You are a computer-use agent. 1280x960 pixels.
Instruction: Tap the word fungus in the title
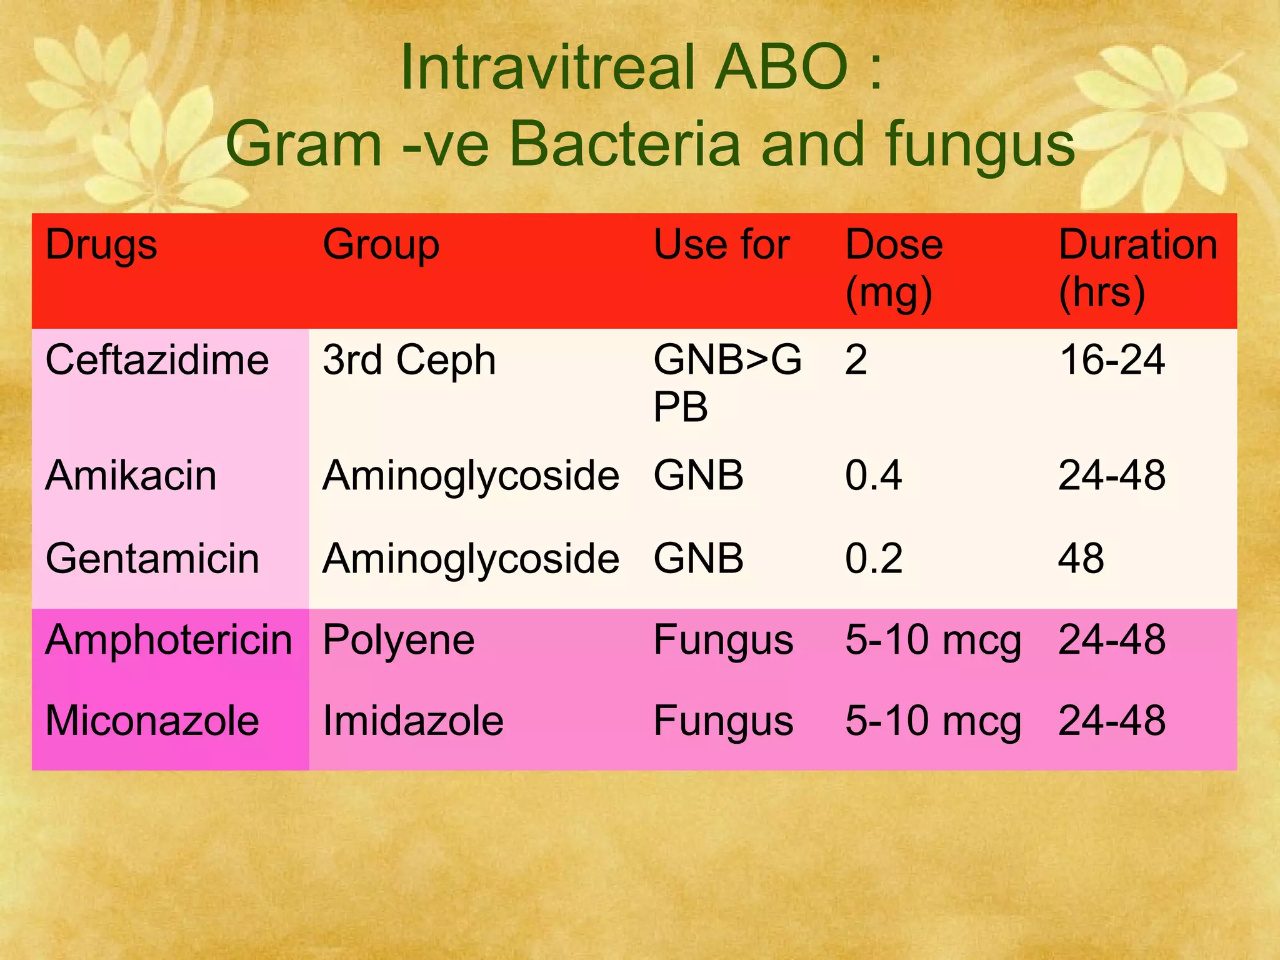tap(980, 145)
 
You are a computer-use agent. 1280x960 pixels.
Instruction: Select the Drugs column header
tap(101, 245)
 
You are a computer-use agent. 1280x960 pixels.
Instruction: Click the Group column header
tap(381, 245)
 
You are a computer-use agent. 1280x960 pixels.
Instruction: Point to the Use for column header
tap(721, 245)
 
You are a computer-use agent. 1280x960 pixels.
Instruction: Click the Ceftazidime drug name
tap(157, 361)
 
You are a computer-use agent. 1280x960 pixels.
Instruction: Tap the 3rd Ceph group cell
tap(409, 361)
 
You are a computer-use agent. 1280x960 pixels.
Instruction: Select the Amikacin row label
tap(131, 476)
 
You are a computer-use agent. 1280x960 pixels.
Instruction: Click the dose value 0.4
tap(873, 476)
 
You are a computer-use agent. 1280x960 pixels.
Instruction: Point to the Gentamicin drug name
tap(152, 559)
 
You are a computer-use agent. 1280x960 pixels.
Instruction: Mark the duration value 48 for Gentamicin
tap(1081, 559)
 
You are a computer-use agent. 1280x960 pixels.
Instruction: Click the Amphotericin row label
tap(169, 641)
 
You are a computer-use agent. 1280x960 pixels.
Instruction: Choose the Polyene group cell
tap(398, 641)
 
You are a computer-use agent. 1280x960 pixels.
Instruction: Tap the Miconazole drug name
tap(152, 721)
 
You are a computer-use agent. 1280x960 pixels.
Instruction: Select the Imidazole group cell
tap(412, 721)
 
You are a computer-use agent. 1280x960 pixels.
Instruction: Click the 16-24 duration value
tap(1112, 361)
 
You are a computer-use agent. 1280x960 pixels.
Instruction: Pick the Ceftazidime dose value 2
tap(856, 361)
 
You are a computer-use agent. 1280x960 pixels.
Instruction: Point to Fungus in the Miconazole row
tap(723, 721)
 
